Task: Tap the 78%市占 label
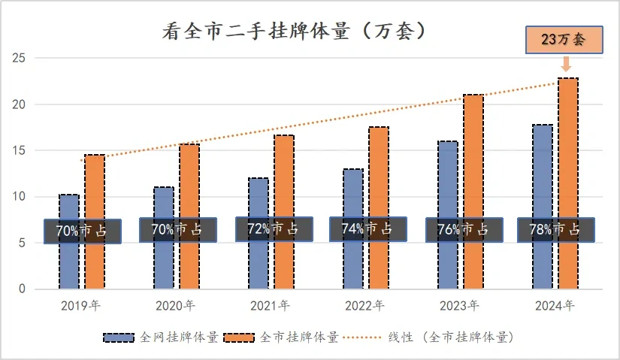[555, 230]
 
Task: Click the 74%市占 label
[367, 229]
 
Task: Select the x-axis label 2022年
[364, 306]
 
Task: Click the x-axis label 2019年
[80, 306]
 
